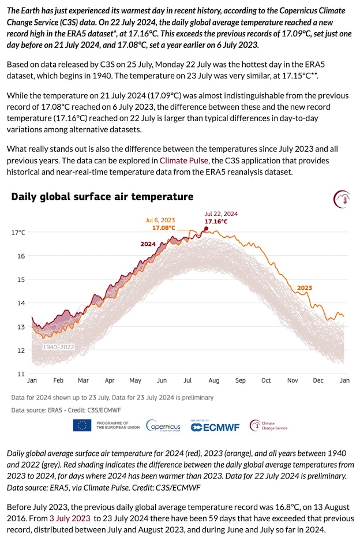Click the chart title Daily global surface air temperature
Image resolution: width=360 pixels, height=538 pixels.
[102, 197]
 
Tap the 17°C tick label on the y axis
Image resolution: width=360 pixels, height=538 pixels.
[18, 233]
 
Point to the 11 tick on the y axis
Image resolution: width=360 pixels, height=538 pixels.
[20, 374]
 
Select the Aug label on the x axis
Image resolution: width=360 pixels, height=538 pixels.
[214, 381]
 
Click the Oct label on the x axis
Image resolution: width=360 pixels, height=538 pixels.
[266, 381]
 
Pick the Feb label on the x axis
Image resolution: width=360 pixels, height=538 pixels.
[58, 381]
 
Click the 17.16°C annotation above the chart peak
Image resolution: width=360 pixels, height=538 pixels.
[216, 221]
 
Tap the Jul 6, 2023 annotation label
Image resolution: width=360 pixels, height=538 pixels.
[160, 220]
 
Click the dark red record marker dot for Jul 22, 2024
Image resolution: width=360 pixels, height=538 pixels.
[207, 229]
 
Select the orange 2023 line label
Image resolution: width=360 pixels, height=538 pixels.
[304, 287]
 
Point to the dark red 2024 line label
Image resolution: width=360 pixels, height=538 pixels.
[148, 244]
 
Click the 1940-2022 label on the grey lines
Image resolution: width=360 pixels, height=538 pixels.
[58, 347]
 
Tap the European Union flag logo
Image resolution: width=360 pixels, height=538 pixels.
[82, 425]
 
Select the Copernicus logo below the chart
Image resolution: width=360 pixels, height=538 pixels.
[164, 426]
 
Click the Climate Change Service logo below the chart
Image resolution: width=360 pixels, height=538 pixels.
[268, 426]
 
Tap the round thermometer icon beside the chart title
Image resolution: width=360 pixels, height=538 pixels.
[342, 200]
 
